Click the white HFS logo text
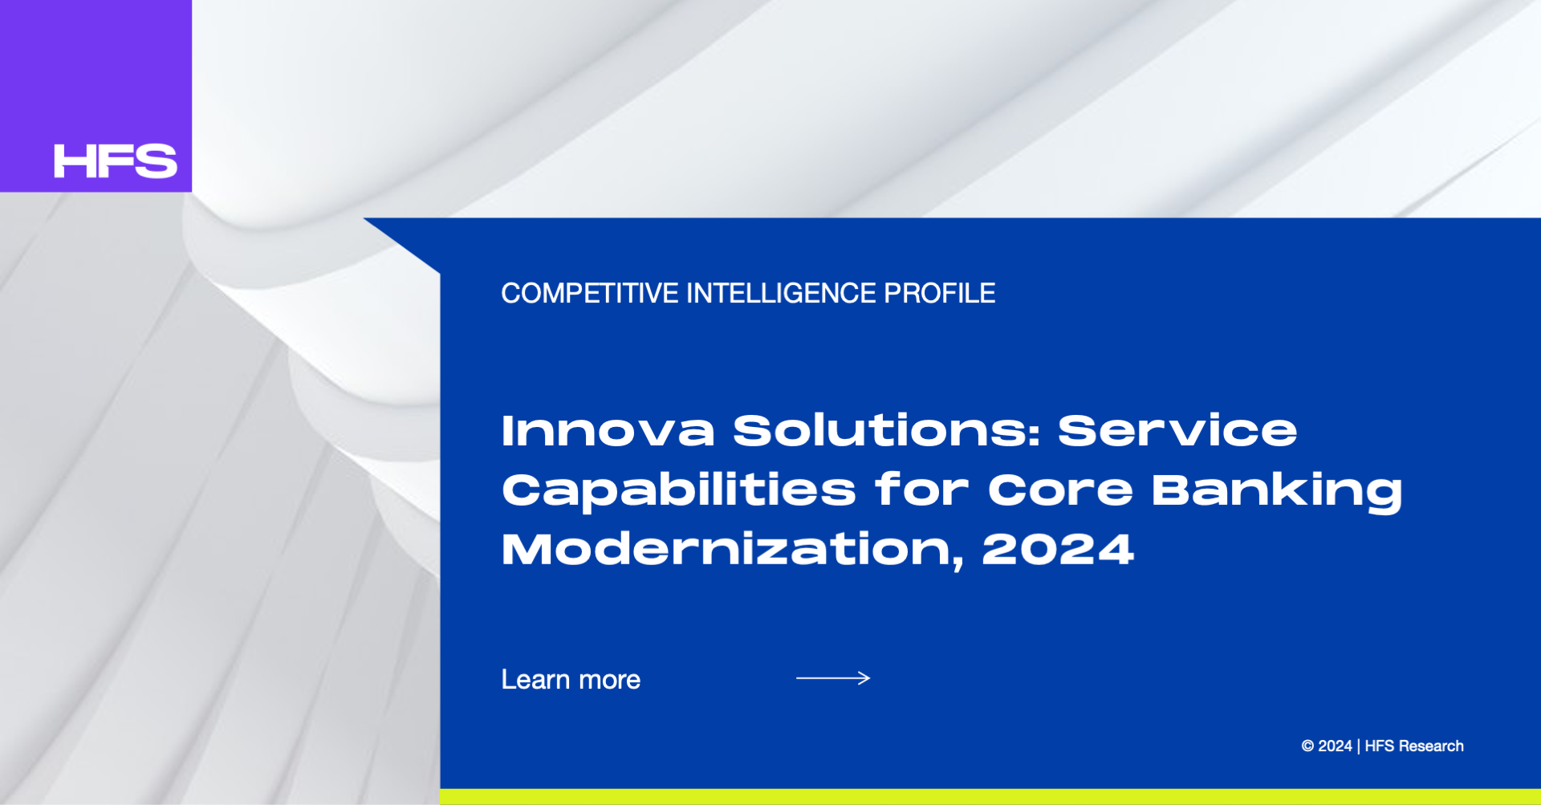click(x=116, y=161)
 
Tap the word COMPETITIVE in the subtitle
click(x=590, y=294)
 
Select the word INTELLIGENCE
click(x=781, y=294)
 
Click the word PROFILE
click(x=939, y=294)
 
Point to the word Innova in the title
click(x=608, y=430)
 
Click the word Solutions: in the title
click(x=887, y=430)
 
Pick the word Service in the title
click(x=1177, y=430)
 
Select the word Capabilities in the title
click(x=679, y=490)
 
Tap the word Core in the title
click(x=1060, y=490)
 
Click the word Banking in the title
click(x=1277, y=490)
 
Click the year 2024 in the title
click(x=1058, y=550)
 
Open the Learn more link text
click(x=571, y=680)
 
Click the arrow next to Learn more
click(x=833, y=678)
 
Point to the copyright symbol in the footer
click(x=1307, y=746)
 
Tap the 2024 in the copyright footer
click(x=1335, y=746)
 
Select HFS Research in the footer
click(x=1414, y=746)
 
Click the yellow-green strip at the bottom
click(x=990, y=797)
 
